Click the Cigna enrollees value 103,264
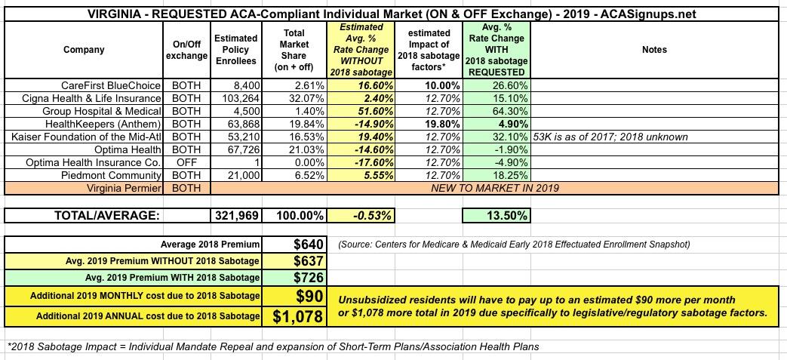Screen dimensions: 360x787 240,97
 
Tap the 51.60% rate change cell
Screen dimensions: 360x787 370,110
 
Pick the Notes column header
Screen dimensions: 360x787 654,50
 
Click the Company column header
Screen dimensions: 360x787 85,50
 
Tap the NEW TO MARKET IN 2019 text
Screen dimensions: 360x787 494,187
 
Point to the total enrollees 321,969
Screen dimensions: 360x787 235,216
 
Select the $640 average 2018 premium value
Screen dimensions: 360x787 309,245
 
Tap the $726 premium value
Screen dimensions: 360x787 309,277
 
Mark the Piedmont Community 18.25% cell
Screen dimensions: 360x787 509,174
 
